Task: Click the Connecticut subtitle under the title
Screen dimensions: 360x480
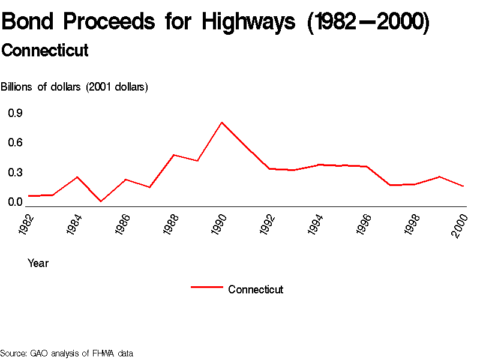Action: [x=45, y=51]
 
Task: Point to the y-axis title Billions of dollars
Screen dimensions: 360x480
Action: [x=74, y=87]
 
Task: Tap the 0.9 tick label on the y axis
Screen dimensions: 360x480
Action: [x=15, y=113]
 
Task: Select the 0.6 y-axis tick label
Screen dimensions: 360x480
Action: [x=15, y=143]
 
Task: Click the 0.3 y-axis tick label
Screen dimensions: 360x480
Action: [x=15, y=173]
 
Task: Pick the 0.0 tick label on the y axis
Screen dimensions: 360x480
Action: [x=15, y=202]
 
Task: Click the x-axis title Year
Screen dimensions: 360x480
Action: [x=38, y=263]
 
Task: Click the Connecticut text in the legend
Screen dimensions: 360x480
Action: [x=256, y=290]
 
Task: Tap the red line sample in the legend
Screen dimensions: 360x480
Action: [x=207, y=287]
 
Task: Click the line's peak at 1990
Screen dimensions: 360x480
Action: [x=222, y=122]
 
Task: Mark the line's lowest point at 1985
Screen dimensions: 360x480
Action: [x=101, y=201]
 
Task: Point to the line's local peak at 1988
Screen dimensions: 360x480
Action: [x=173, y=155]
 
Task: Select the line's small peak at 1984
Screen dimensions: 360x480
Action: [x=77, y=177]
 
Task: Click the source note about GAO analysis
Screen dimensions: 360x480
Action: [x=66, y=353]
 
